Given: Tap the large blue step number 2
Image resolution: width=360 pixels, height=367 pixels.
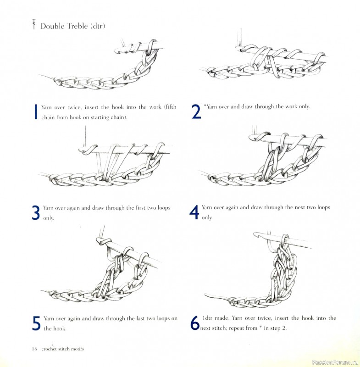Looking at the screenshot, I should pyautogui.click(x=196, y=111).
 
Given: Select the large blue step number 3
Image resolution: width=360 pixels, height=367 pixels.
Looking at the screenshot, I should pyautogui.click(x=36, y=212).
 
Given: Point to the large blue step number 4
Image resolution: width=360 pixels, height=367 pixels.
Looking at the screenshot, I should pyautogui.click(x=194, y=212).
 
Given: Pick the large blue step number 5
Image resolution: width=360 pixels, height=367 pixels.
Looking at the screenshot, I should pyautogui.click(x=36, y=323).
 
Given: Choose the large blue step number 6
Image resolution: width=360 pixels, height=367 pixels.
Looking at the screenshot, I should pyautogui.click(x=195, y=323).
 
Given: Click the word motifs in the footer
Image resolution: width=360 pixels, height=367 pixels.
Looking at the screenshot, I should pyautogui.click(x=76, y=349).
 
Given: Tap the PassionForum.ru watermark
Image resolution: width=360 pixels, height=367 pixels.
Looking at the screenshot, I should pyautogui.click(x=335, y=362).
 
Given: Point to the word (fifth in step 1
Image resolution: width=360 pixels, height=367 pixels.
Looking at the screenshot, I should pyautogui.click(x=168, y=107).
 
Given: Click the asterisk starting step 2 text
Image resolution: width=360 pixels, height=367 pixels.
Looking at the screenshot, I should pyautogui.click(x=205, y=106).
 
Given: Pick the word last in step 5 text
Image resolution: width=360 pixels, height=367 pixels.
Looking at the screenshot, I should pyautogui.click(x=130, y=318).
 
